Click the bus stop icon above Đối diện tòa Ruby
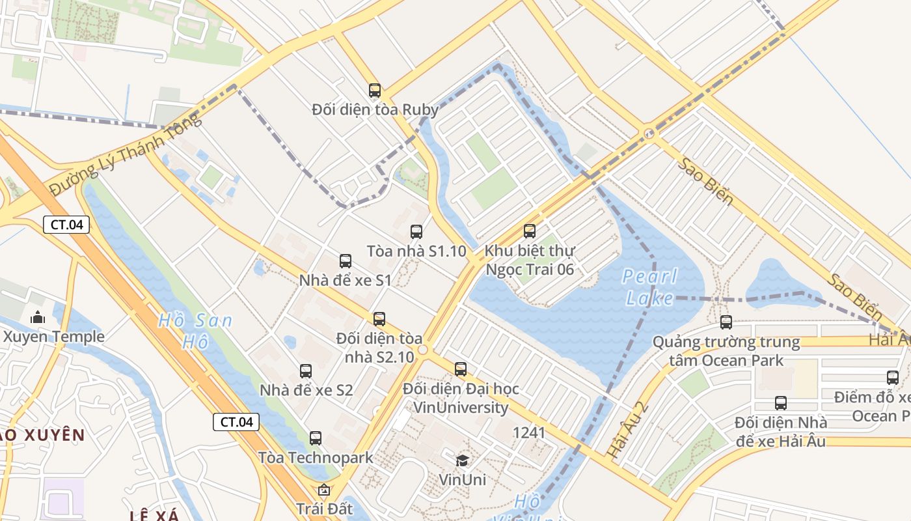click(x=375, y=91)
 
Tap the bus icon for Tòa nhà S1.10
click(x=416, y=231)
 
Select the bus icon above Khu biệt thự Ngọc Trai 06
click(x=530, y=231)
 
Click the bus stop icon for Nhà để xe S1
click(x=346, y=261)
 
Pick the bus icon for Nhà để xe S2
click(x=306, y=371)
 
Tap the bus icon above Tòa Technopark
click(x=316, y=438)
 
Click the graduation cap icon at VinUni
click(x=462, y=461)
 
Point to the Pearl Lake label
click(x=649, y=287)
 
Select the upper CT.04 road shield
click(x=66, y=225)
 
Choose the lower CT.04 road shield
click(x=236, y=421)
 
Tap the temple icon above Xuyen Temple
click(x=38, y=318)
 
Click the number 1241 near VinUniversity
click(x=529, y=432)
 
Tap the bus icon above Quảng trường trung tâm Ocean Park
click(x=726, y=322)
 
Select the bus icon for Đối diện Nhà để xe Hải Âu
click(x=781, y=403)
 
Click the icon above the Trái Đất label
click(x=323, y=490)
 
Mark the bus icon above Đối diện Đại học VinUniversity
click(x=461, y=369)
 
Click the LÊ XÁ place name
click(x=154, y=516)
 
